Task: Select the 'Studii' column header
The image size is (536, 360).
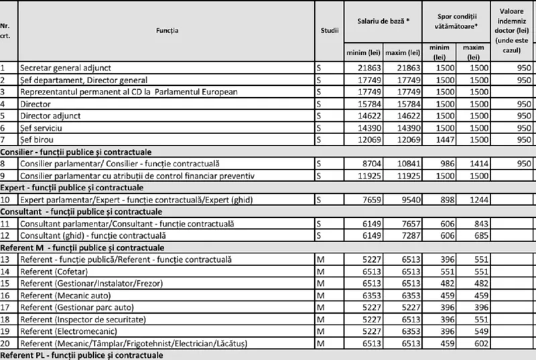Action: pos(329,29)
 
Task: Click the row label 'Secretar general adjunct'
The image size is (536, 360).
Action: pos(74,68)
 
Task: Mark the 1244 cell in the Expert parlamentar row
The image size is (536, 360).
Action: pos(473,200)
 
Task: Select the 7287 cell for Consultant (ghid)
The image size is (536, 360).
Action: pos(409,236)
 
